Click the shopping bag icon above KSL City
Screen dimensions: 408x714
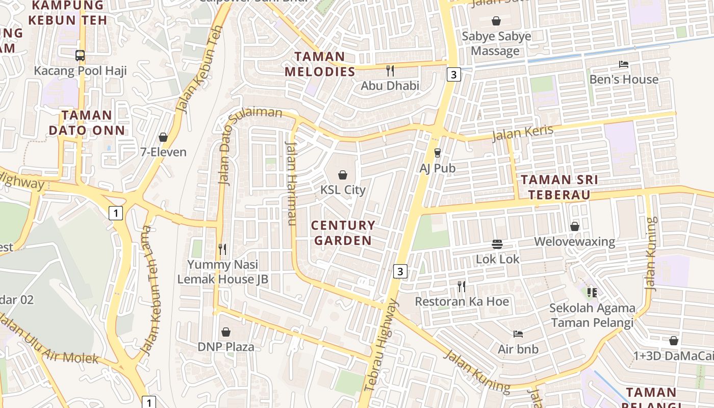pos(343,175)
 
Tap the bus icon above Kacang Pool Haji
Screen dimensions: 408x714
pos(80,56)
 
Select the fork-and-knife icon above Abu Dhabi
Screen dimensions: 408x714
pos(390,70)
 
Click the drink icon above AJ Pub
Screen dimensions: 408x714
pos(437,152)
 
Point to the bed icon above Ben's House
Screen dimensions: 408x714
pos(623,64)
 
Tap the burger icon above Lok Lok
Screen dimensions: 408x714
pos(497,244)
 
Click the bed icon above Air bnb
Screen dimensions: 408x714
pos(518,334)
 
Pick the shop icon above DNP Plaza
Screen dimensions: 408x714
pos(225,332)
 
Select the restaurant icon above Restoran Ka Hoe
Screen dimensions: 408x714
pos(462,287)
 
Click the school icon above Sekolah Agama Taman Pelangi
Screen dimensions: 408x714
pos(592,293)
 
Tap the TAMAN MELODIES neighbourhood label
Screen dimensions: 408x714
pos(320,64)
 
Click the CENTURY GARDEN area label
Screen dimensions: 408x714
pos(343,233)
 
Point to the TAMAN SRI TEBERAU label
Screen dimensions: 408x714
pos(559,187)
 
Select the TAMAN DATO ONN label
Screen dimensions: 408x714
pos(86,123)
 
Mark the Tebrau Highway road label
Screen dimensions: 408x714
pos(381,346)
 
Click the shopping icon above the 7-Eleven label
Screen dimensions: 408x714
pos(163,137)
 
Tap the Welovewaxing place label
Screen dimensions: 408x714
pos(574,241)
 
